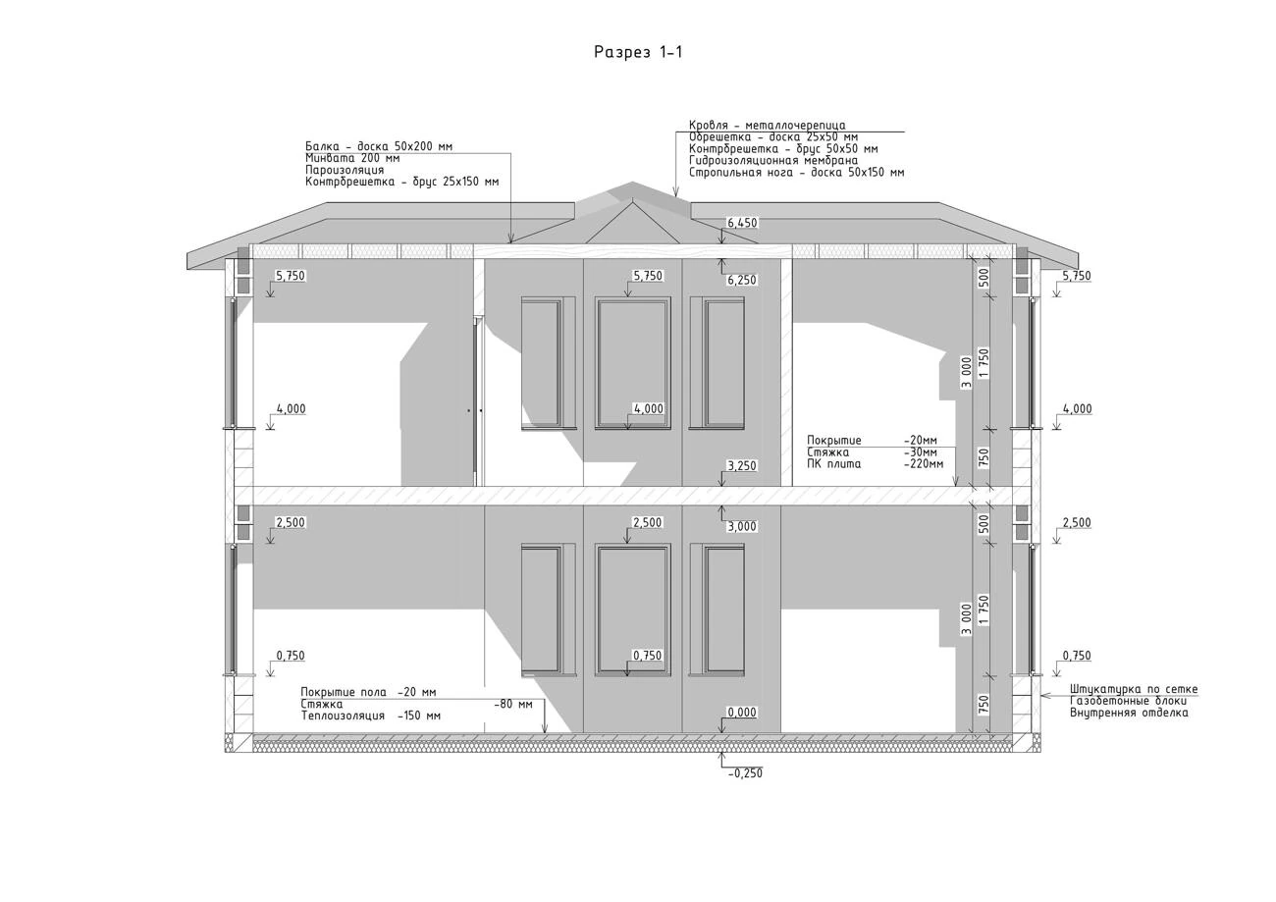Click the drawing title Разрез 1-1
(638, 52)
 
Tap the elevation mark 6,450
(742, 223)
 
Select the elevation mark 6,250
(742, 280)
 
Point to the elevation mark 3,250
(742, 466)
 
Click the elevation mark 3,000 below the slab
(742, 527)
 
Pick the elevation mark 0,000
(742, 713)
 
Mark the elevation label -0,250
(745, 773)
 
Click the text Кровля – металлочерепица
(768, 126)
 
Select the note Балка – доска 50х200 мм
(379, 146)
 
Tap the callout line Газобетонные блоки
(1129, 701)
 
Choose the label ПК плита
(834, 464)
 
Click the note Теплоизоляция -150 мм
(371, 716)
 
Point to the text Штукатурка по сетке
(1134, 689)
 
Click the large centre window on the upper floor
(633, 363)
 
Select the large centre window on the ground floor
(633, 610)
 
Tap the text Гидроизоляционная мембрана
(773, 161)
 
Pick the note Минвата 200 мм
(352, 158)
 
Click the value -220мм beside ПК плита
(924, 464)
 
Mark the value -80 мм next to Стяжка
(513, 705)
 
